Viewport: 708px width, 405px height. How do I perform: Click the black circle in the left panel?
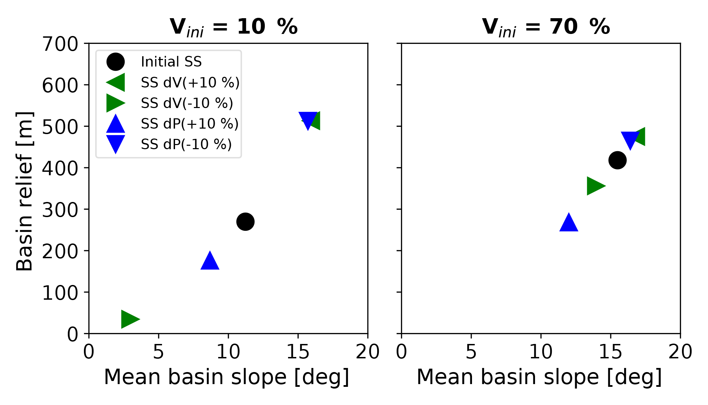245,222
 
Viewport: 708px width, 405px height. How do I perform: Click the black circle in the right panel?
618,160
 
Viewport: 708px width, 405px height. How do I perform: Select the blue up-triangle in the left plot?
210,261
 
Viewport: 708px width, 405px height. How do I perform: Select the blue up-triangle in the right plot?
569,223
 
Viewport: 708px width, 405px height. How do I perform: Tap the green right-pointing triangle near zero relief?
129,319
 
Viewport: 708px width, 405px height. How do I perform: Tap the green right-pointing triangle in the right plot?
595,186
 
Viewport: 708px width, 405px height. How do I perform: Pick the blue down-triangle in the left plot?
308,120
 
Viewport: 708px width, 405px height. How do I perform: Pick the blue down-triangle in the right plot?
630,140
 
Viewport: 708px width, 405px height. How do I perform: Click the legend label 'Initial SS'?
171,62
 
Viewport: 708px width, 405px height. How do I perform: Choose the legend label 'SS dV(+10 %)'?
190,83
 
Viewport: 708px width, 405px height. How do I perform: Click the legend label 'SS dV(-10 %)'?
187,103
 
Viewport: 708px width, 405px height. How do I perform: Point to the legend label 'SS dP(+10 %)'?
189,124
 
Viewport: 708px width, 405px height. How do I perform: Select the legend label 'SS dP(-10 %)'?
186,144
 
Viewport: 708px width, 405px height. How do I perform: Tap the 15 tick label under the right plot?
610,352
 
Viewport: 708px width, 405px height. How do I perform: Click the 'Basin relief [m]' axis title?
25,191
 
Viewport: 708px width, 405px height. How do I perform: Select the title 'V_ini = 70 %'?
546,27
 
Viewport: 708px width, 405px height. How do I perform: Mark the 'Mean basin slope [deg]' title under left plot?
226,377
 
